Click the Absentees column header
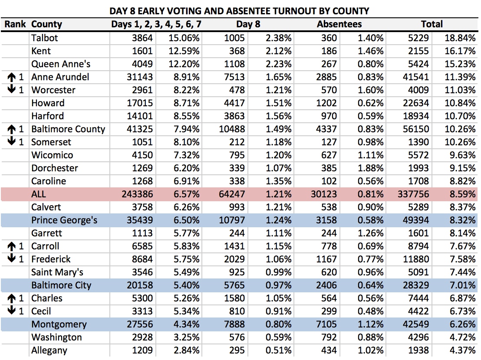(x=339, y=24)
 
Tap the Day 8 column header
(x=248, y=24)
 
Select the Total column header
(x=432, y=24)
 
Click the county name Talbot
(x=44, y=38)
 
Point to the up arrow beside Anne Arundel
(x=11, y=77)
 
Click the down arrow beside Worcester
(x=11, y=89)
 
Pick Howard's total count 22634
(x=416, y=103)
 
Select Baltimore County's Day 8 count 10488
(x=232, y=129)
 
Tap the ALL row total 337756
(x=413, y=194)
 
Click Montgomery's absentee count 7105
(x=326, y=324)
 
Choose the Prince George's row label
(x=64, y=220)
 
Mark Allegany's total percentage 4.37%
(x=463, y=350)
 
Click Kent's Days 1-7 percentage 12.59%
(x=184, y=51)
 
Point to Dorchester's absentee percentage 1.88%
(x=371, y=168)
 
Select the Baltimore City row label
(x=61, y=285)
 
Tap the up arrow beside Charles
(x=11, y=298)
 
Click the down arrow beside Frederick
(x=11, y=258)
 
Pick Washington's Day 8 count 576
(x=237, y=337)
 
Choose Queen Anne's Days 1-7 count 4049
(x=142, y=64)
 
